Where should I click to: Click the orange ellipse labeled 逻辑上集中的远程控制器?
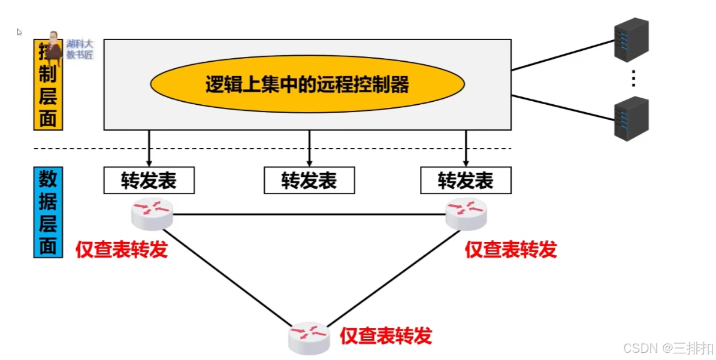tap(307, 85)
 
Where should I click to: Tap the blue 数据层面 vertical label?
tap(48, 213)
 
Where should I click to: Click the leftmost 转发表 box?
tap(149, 180)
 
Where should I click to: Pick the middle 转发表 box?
tap(309, 180)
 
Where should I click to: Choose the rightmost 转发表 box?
tap(466, 180)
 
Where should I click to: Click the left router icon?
tap(153, 214)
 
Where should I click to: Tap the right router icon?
tap(466, 214)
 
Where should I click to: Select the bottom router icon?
tap(309, 338)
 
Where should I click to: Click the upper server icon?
tap(632, 40)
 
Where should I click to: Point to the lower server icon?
tap(632, 119)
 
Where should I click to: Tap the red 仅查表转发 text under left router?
tap(122, 249)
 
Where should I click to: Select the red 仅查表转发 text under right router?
tap(511, 249)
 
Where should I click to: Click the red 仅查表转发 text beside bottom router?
tap(386, 336)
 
